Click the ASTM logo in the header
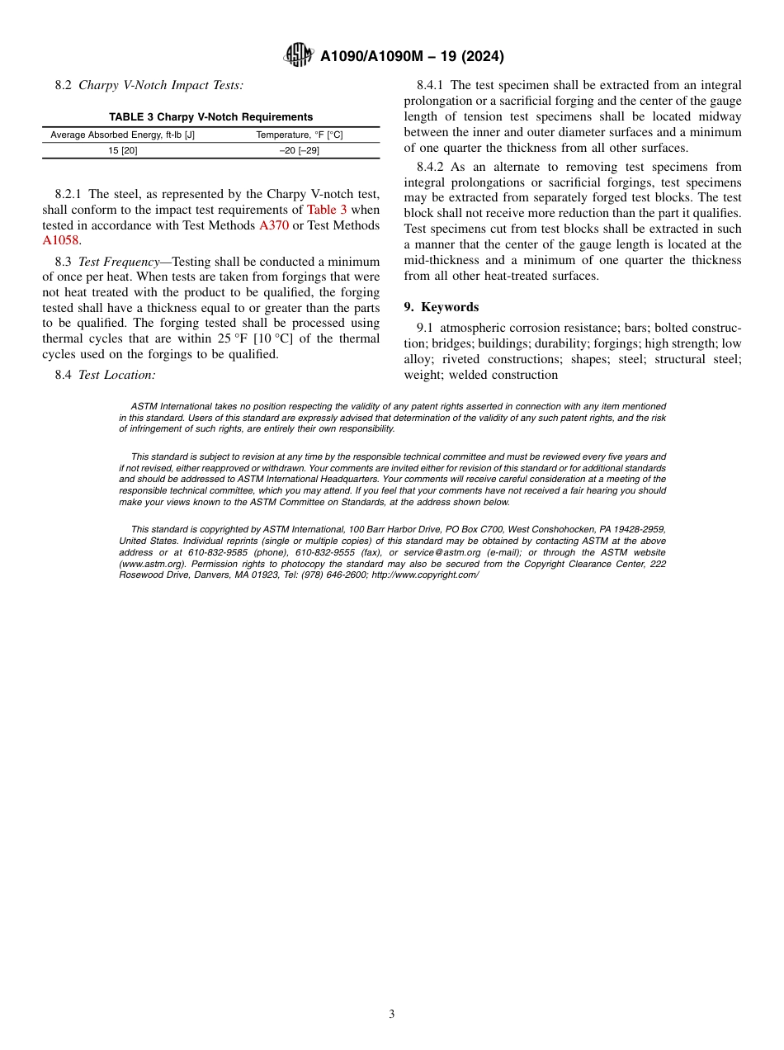coord(298,55)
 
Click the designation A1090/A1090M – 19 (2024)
coord(412,57)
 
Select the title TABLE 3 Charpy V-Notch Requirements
coord(211,117)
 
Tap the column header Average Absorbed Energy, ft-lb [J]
coord(123,135)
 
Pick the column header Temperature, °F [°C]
coord(299,135)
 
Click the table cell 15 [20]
coord(123,150)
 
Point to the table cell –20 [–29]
coord(299,150)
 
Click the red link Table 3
coord(326,210)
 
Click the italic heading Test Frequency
coord(118,261)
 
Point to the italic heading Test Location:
coord(116,375)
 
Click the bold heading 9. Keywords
coord(442,307)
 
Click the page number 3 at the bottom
coord(392,1015)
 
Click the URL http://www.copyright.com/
coord(425,575)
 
